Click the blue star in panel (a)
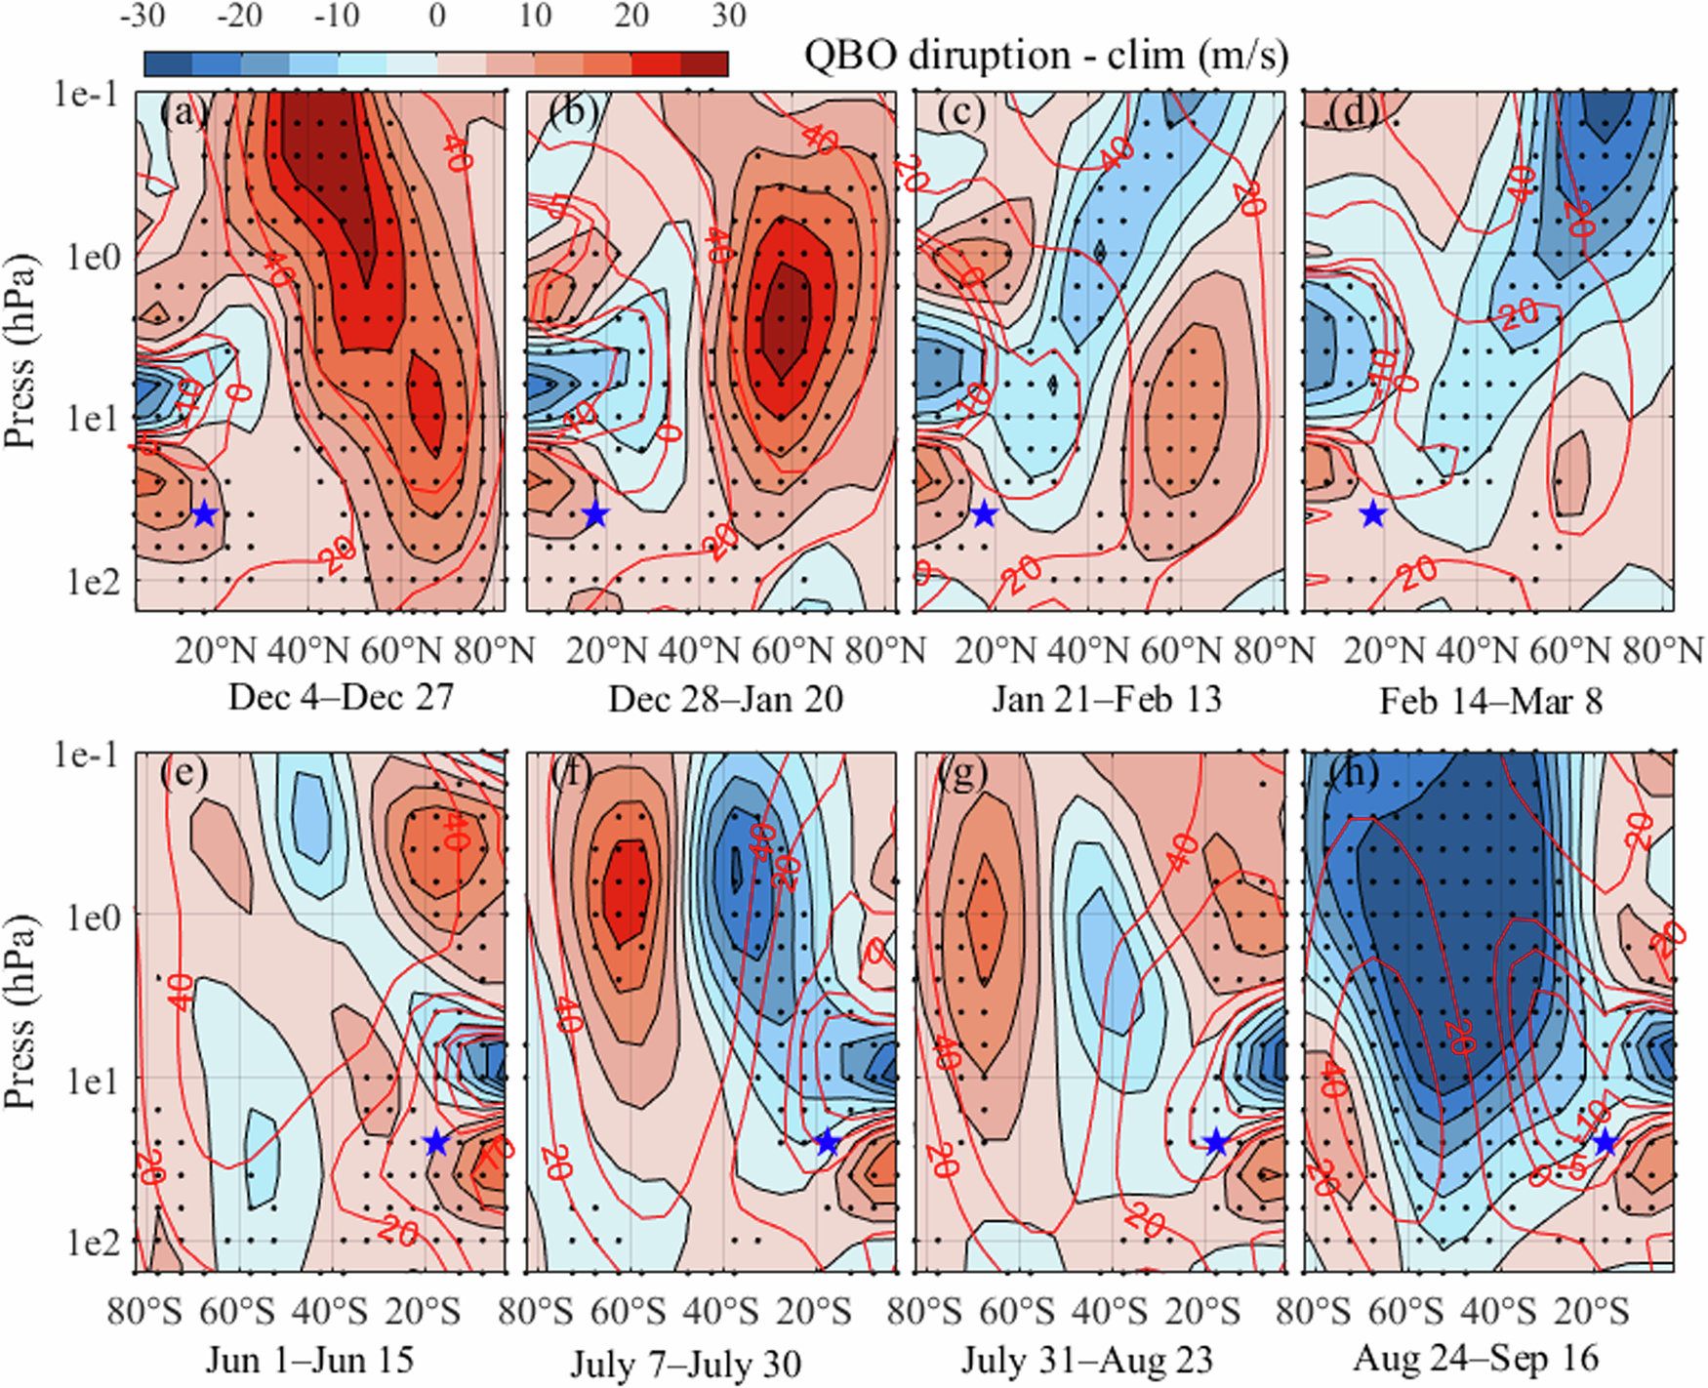click(x=204, y=513)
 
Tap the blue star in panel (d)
click(x=1373, y=513)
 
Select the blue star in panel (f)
click(x=828, y=1142)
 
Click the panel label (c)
click(x=961, y=113)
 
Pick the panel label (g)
click(x=961, y=774)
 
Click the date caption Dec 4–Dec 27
click(x=341, y=698)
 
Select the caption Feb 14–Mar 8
click(x=1490, y=701)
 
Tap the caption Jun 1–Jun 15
click(x=309, y=1360)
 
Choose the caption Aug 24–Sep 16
click(x=1476, y=1358)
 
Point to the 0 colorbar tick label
click(x=436, y=16)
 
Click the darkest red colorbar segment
click(x=704, y=64)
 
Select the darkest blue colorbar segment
click(x=169, y=64)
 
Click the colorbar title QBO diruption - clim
click(x=1045, y=55)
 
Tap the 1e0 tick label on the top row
click(x=94, y=257)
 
